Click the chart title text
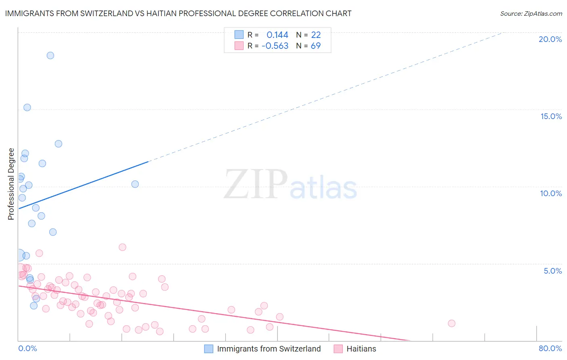point(178,13)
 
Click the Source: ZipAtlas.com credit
point(531,13)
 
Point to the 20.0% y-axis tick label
point(550,39)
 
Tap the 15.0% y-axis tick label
point(551,116)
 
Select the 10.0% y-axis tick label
point(551,193)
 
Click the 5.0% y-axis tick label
point(552,271)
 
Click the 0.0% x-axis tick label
point(27,348)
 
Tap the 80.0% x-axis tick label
point(550,348)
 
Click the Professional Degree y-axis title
point(11,184)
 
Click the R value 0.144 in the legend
point(277,35)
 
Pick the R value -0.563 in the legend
point(275,46)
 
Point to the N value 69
point(316,46)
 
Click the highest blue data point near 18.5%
point(50,55)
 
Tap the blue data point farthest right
point(135,184)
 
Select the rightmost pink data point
point(452,323)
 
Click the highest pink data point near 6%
point(123,247)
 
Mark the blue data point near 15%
point(27,107)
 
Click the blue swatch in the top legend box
point(239,35)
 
